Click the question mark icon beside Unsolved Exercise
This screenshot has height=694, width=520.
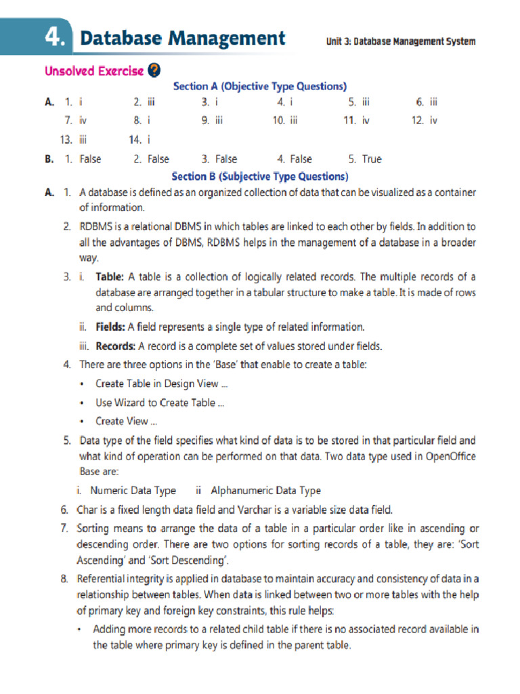point(154,70)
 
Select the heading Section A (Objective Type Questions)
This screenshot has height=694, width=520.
point(260,86)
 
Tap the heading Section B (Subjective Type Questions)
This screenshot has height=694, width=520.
point(260,176)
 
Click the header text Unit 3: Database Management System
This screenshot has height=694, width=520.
point(401,41)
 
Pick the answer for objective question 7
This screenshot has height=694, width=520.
point(83,121)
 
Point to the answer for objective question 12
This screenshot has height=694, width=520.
point(433,121)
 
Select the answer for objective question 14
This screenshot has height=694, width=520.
point(148,140)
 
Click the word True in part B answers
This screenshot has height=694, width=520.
point(372,159)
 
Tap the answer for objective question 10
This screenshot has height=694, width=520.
point(295,121)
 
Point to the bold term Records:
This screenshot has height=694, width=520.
point(115,346)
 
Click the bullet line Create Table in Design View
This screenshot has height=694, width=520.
point(161,384)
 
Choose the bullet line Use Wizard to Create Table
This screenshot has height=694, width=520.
point(160,403)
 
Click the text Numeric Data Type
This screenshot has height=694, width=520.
point(133,491)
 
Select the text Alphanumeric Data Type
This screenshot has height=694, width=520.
point(266,491)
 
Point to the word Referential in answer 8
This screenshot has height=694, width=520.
point(106,578)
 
